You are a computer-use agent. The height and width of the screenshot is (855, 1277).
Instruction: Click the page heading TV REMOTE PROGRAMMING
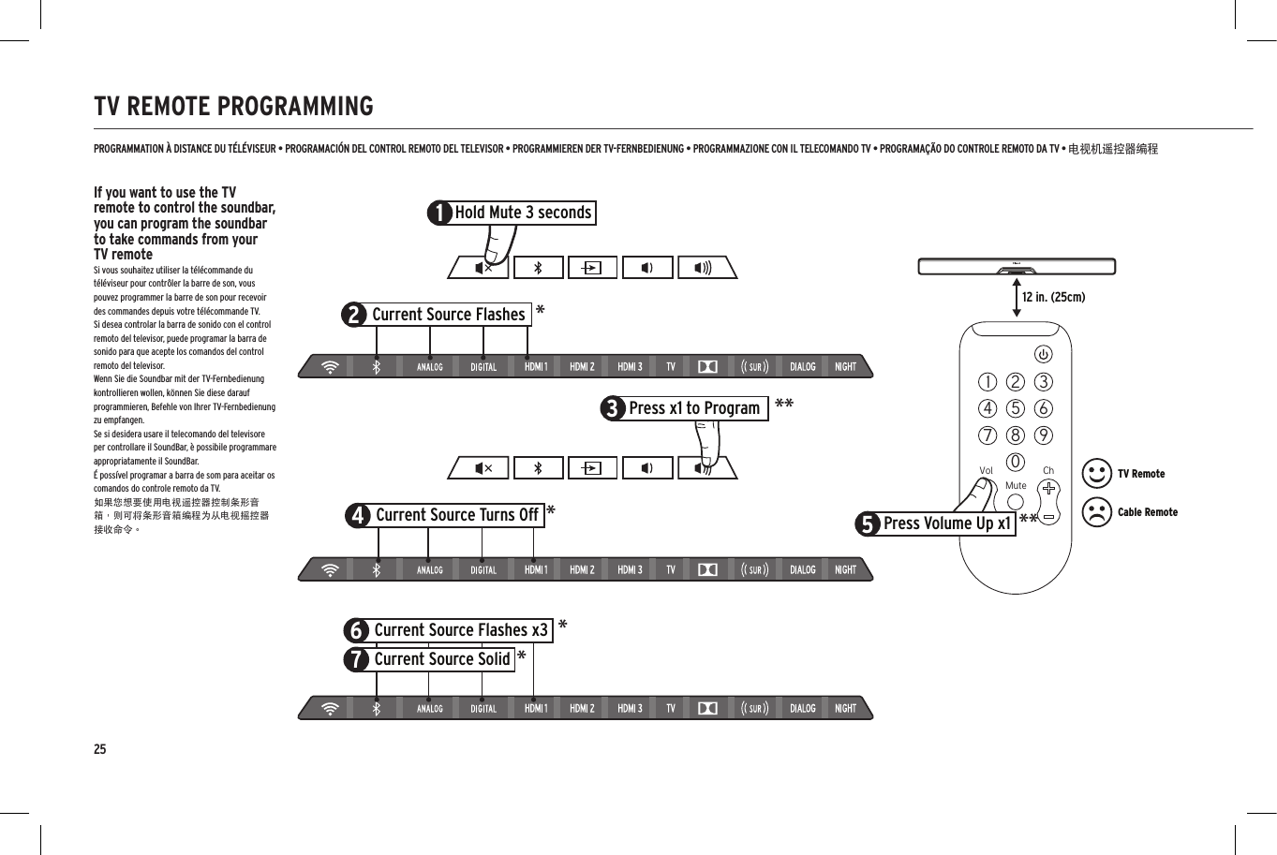tap(233, 106)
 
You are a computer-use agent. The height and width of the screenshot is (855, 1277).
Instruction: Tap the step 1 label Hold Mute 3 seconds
tap(522, 213)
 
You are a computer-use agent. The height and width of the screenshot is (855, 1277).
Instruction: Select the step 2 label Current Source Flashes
tap(448, 315)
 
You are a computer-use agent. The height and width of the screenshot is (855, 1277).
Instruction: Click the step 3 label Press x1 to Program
tap(693, 408)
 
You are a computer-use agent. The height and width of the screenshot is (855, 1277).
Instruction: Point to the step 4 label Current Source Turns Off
tap(456, 515)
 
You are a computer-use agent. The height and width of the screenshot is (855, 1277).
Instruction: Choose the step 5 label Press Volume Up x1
tap(946, 523)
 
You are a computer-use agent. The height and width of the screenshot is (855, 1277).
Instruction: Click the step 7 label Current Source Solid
tap(441, 659)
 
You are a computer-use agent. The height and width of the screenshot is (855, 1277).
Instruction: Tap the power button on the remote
tap(1043, 354)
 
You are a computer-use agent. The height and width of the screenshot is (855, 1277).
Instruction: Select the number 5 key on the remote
tap(1016, 408)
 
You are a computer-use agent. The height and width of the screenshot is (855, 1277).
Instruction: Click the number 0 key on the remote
tap(1016, 462)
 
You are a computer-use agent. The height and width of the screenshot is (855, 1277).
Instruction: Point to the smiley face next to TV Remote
tap(1096, 474)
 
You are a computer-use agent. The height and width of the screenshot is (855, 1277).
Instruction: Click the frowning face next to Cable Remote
tap(1096, 512)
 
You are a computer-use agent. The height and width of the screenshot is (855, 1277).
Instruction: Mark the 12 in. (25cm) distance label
tap(1053, 298)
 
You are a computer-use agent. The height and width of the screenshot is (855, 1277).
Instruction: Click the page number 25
tap(99, 749)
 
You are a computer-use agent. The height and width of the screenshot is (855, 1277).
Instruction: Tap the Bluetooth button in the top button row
tap(538, 268)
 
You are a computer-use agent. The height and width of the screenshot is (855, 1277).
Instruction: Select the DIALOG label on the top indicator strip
tap(802, 367)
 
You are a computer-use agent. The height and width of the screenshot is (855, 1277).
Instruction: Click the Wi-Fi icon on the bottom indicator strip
tap(329, 709)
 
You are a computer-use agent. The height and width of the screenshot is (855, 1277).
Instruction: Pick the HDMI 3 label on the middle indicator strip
tap(630, 569)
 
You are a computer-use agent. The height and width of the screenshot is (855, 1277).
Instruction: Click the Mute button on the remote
tap(1016, 501)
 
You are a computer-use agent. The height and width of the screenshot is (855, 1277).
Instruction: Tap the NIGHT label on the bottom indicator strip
tap(845, 709)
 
